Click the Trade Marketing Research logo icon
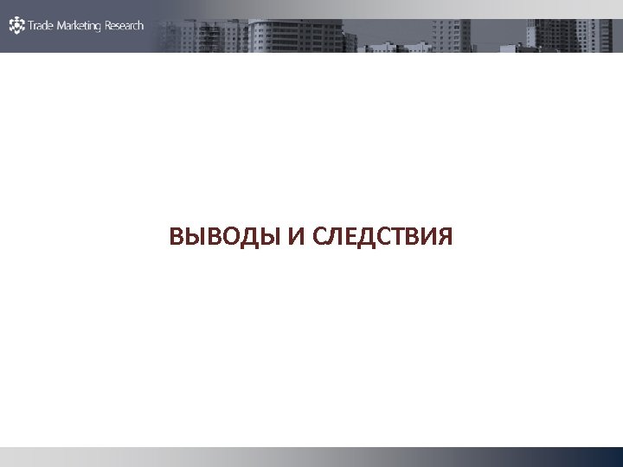pos(17,25)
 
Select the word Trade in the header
pos(40,26)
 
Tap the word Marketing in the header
pos(79,26)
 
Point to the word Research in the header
pos(125,26)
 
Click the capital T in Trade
pos(30,26)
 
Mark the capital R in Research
pos(108,26)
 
